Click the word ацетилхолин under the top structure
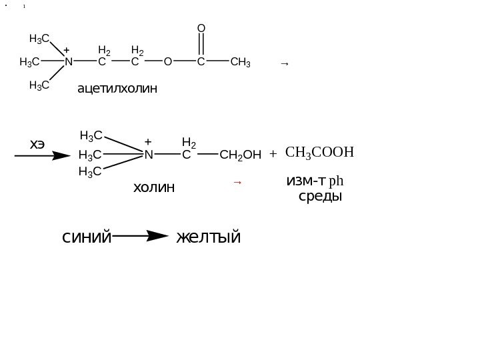pos(118,87)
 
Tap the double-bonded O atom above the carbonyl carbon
pos(201,29)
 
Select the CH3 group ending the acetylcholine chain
pos(240,63)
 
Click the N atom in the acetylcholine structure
pos(67,63)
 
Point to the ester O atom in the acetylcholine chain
pos(167,63)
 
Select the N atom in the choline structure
pos(148,155)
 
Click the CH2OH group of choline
pos(240,156)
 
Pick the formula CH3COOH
pos(318,153)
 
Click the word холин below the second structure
pos(153,187)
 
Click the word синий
pos(87,237)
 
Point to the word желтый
pos(209,237)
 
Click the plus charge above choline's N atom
pos(148,142)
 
